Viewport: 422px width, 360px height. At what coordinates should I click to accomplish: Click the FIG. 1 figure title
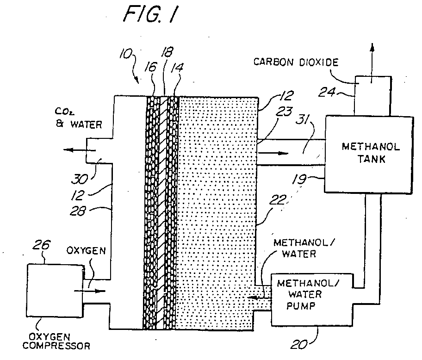tap(151, 14)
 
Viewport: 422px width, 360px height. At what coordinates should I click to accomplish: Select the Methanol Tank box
tap(368, 154)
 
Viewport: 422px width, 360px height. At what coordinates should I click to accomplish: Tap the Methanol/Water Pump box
tap(312, 300)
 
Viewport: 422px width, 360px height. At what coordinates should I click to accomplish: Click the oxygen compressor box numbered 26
tap(55, 290)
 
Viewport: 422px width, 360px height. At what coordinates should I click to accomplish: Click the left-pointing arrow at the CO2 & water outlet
tap(80, 150)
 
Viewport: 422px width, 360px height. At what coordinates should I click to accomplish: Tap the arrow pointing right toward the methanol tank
tap(273, 153)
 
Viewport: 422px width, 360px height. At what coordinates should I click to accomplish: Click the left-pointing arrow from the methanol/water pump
tap(259, 298)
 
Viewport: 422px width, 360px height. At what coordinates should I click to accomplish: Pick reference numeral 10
tap(126, 55)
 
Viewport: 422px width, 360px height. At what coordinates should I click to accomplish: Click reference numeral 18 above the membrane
tap(167, 52)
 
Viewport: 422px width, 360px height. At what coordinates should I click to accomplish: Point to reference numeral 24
tap(327, 93)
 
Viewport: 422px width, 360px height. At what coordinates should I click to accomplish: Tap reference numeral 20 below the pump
tap(299, 345)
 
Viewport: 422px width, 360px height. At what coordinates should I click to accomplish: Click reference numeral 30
tap(80, 180)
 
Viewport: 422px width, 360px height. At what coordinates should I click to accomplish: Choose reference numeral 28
tap(78, 211)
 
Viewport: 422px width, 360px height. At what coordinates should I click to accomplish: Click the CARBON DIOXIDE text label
tap(296, 62)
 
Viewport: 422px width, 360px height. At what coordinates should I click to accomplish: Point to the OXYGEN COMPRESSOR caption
tap(56, 341)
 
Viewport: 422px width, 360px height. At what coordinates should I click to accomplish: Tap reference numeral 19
tap(299, 180)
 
